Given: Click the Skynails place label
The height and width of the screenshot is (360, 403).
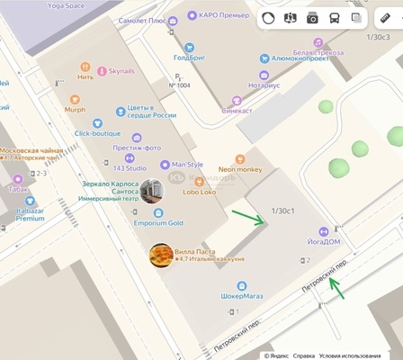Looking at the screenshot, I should pos(121,71).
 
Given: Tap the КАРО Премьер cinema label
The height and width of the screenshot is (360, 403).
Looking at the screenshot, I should pos(224,15).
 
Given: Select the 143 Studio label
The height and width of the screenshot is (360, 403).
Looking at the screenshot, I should pos(130,167).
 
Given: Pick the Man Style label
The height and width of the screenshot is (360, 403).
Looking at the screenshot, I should pos(187,165).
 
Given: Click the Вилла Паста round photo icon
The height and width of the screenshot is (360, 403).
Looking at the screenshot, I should pos(161,256).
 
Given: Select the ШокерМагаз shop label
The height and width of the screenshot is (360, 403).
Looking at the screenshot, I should pos(243,295).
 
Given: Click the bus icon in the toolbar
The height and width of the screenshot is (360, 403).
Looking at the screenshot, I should pos(335,18).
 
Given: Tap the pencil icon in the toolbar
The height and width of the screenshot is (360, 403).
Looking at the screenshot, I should pos(385,18).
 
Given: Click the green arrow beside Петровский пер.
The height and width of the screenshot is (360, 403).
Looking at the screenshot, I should pos(336,289).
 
